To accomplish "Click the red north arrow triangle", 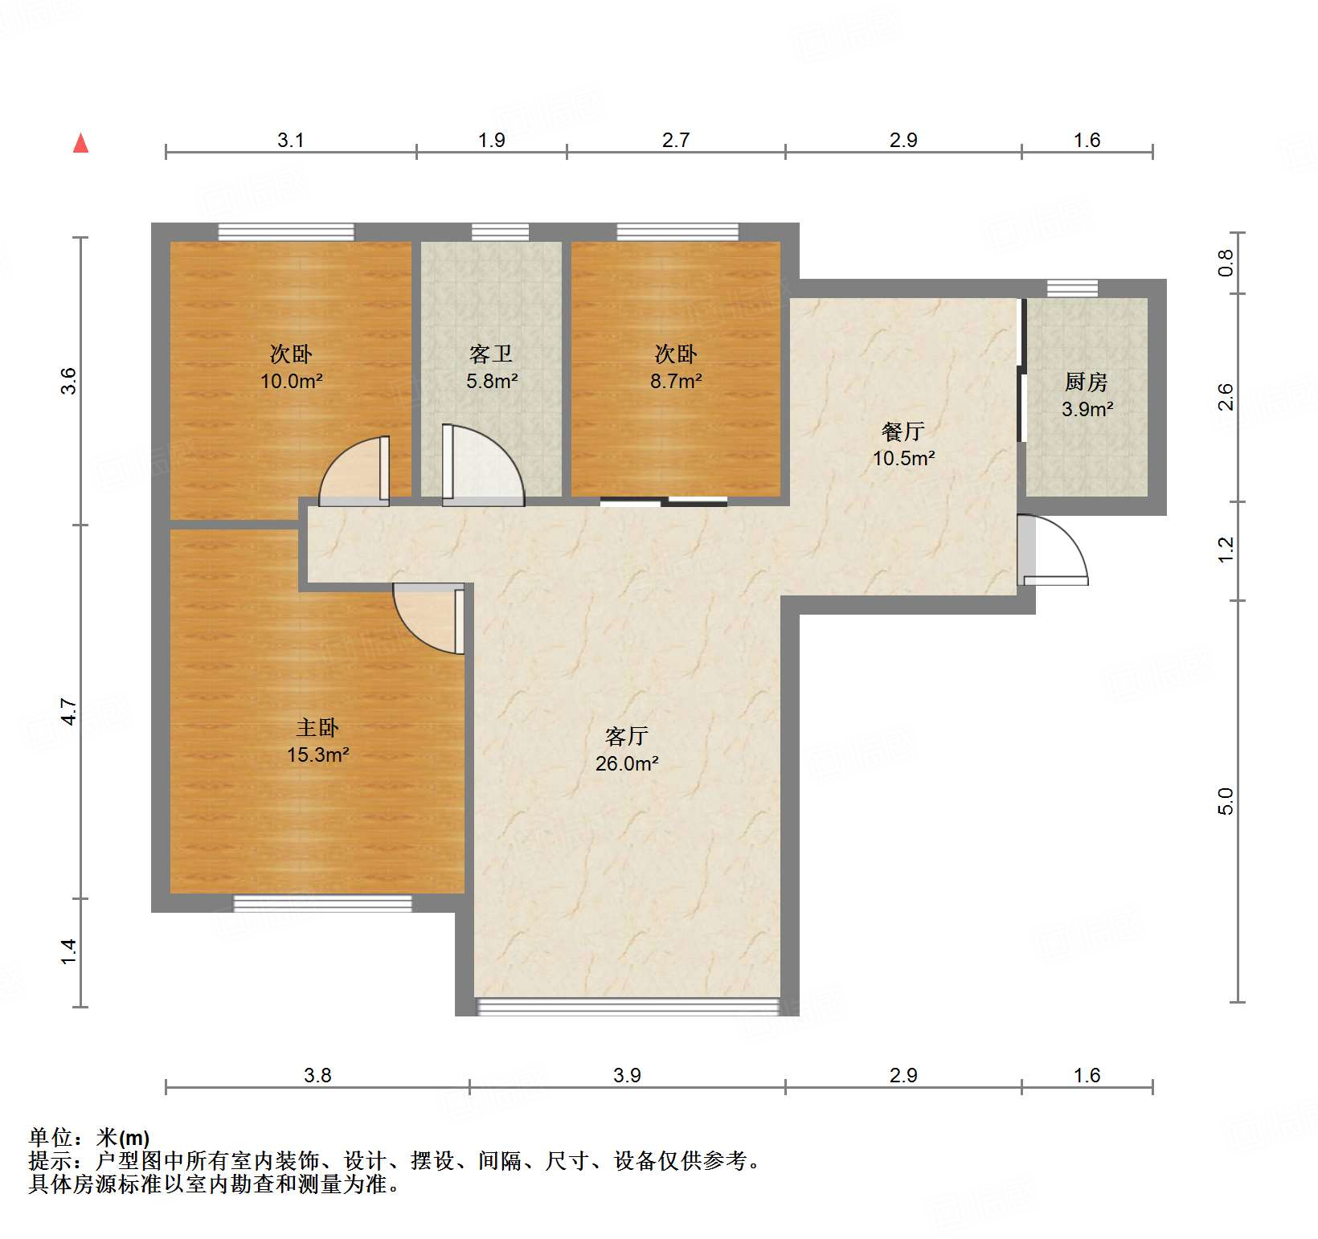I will click(x=80, y=144).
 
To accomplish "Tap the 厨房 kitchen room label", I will click(x=1087, y=382).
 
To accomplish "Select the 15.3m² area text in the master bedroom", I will click(x=317, y=755).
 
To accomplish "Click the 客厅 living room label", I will click(x=627, y=736).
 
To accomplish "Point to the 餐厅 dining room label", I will click(x=903, y=431).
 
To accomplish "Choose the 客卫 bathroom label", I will click(x=491, y=354).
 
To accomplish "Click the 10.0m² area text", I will click(x=291, y=381).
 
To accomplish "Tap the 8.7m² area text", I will click(x=676, y=381).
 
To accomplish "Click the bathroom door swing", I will click(x=482, y=466).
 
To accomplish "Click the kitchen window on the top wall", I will click(x=1072, y=288).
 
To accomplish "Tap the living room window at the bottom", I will click(x=627, y=1006).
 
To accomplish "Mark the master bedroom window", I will click(x=322, y=903).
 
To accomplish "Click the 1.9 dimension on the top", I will click(x=491, y=141).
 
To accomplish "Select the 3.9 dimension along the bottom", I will click(x=627, y=1075).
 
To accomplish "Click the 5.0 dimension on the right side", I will click(x=1225, y=801).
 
